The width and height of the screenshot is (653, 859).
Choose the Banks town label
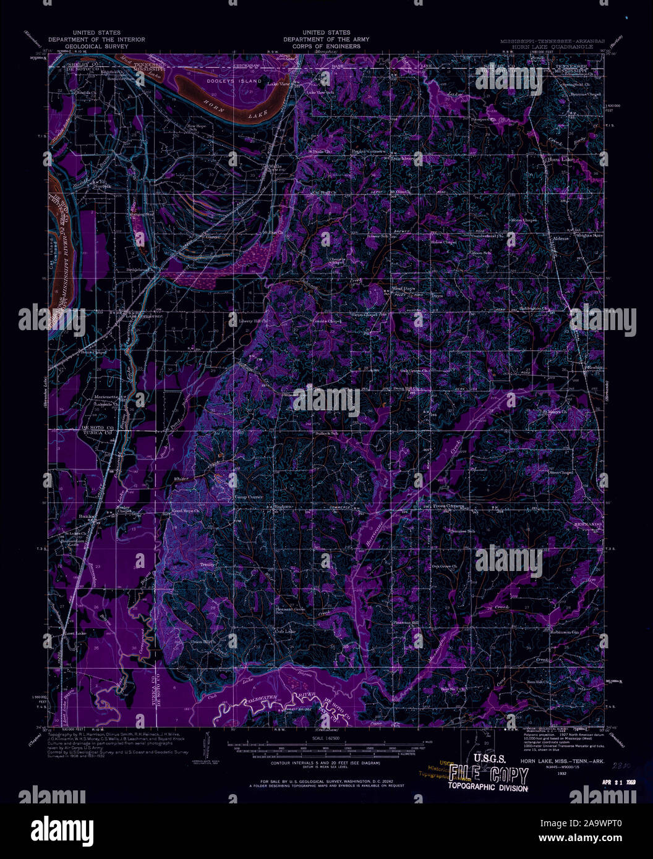tap(85, 517)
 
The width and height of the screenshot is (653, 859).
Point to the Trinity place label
tap(206, 565)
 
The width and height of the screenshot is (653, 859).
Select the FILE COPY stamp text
tap(489, 774)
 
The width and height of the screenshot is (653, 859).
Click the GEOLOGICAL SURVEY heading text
tap(97, 46)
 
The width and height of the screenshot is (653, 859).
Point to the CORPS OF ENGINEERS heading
tap(326, 46)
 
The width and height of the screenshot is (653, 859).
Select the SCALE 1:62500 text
tap(326, 739)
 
